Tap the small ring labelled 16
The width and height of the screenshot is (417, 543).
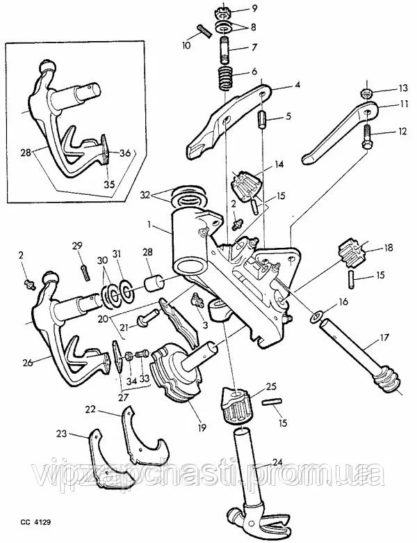[316, 317]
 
